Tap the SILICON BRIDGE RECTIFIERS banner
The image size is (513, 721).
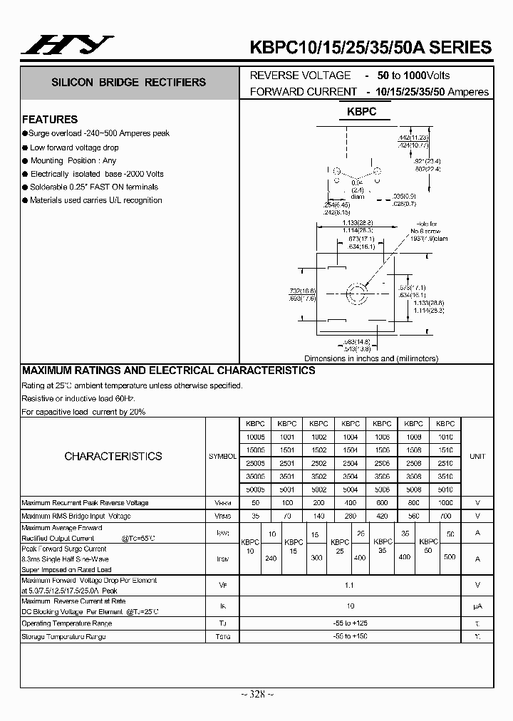(x=128, y=83)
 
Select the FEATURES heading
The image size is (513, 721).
(x=50, y=120)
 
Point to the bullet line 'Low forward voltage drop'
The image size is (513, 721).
(x=74, y=147)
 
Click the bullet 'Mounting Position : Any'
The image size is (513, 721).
(x=73, y=161)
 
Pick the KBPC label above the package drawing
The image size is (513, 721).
(x=361, y=113)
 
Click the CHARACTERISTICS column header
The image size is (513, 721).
(x=113, y=456)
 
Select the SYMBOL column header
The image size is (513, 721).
(x=222, y=456)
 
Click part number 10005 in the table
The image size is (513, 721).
(x=254, y=437)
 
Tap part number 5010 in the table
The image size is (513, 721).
(x=445, y=490)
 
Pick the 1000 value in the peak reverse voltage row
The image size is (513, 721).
(x=445, y=503)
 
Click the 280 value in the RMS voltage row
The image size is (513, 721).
(x=350, y=516)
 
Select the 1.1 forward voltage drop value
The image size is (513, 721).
(x=349, y=585)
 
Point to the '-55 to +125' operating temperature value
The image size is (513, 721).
(x=349, y=623)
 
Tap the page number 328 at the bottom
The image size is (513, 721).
(x=256, y=695)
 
